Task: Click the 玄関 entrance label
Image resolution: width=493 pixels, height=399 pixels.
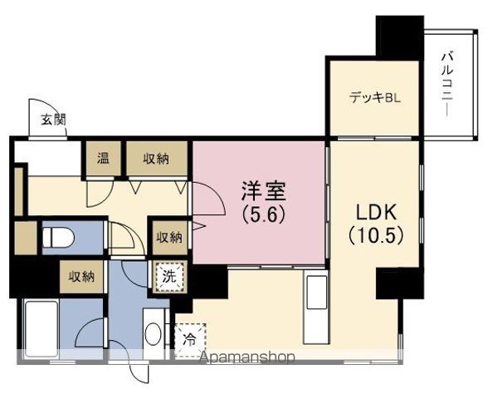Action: (x=53, y=120)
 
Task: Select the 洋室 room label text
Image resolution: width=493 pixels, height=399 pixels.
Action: (x=263, y=191)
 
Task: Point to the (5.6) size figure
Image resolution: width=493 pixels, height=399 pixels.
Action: (x=263, y=215)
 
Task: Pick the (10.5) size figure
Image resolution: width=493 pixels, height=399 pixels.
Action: (x=375, y=235)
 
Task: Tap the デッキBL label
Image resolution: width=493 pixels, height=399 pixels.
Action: (x=375, y=98)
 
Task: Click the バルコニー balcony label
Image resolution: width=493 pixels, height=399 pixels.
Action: (x=447, y=85)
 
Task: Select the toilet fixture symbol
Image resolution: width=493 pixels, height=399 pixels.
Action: (x=58, y=238)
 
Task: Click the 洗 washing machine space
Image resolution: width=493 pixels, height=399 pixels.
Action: (x=169, y=277)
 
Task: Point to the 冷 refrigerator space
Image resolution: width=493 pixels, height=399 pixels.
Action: (x=190, y=340)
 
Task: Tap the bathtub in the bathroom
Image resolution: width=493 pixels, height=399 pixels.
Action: (x=41, y=329)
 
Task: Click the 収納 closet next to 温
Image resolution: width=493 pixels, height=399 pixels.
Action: (x=157, y=159)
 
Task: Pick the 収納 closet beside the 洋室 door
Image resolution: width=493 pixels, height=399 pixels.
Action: (x=170, y=238)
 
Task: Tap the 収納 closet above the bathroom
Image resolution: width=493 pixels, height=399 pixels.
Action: (x=81, y=277)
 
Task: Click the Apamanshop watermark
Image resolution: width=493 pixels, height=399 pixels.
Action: (x=248, y=357)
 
